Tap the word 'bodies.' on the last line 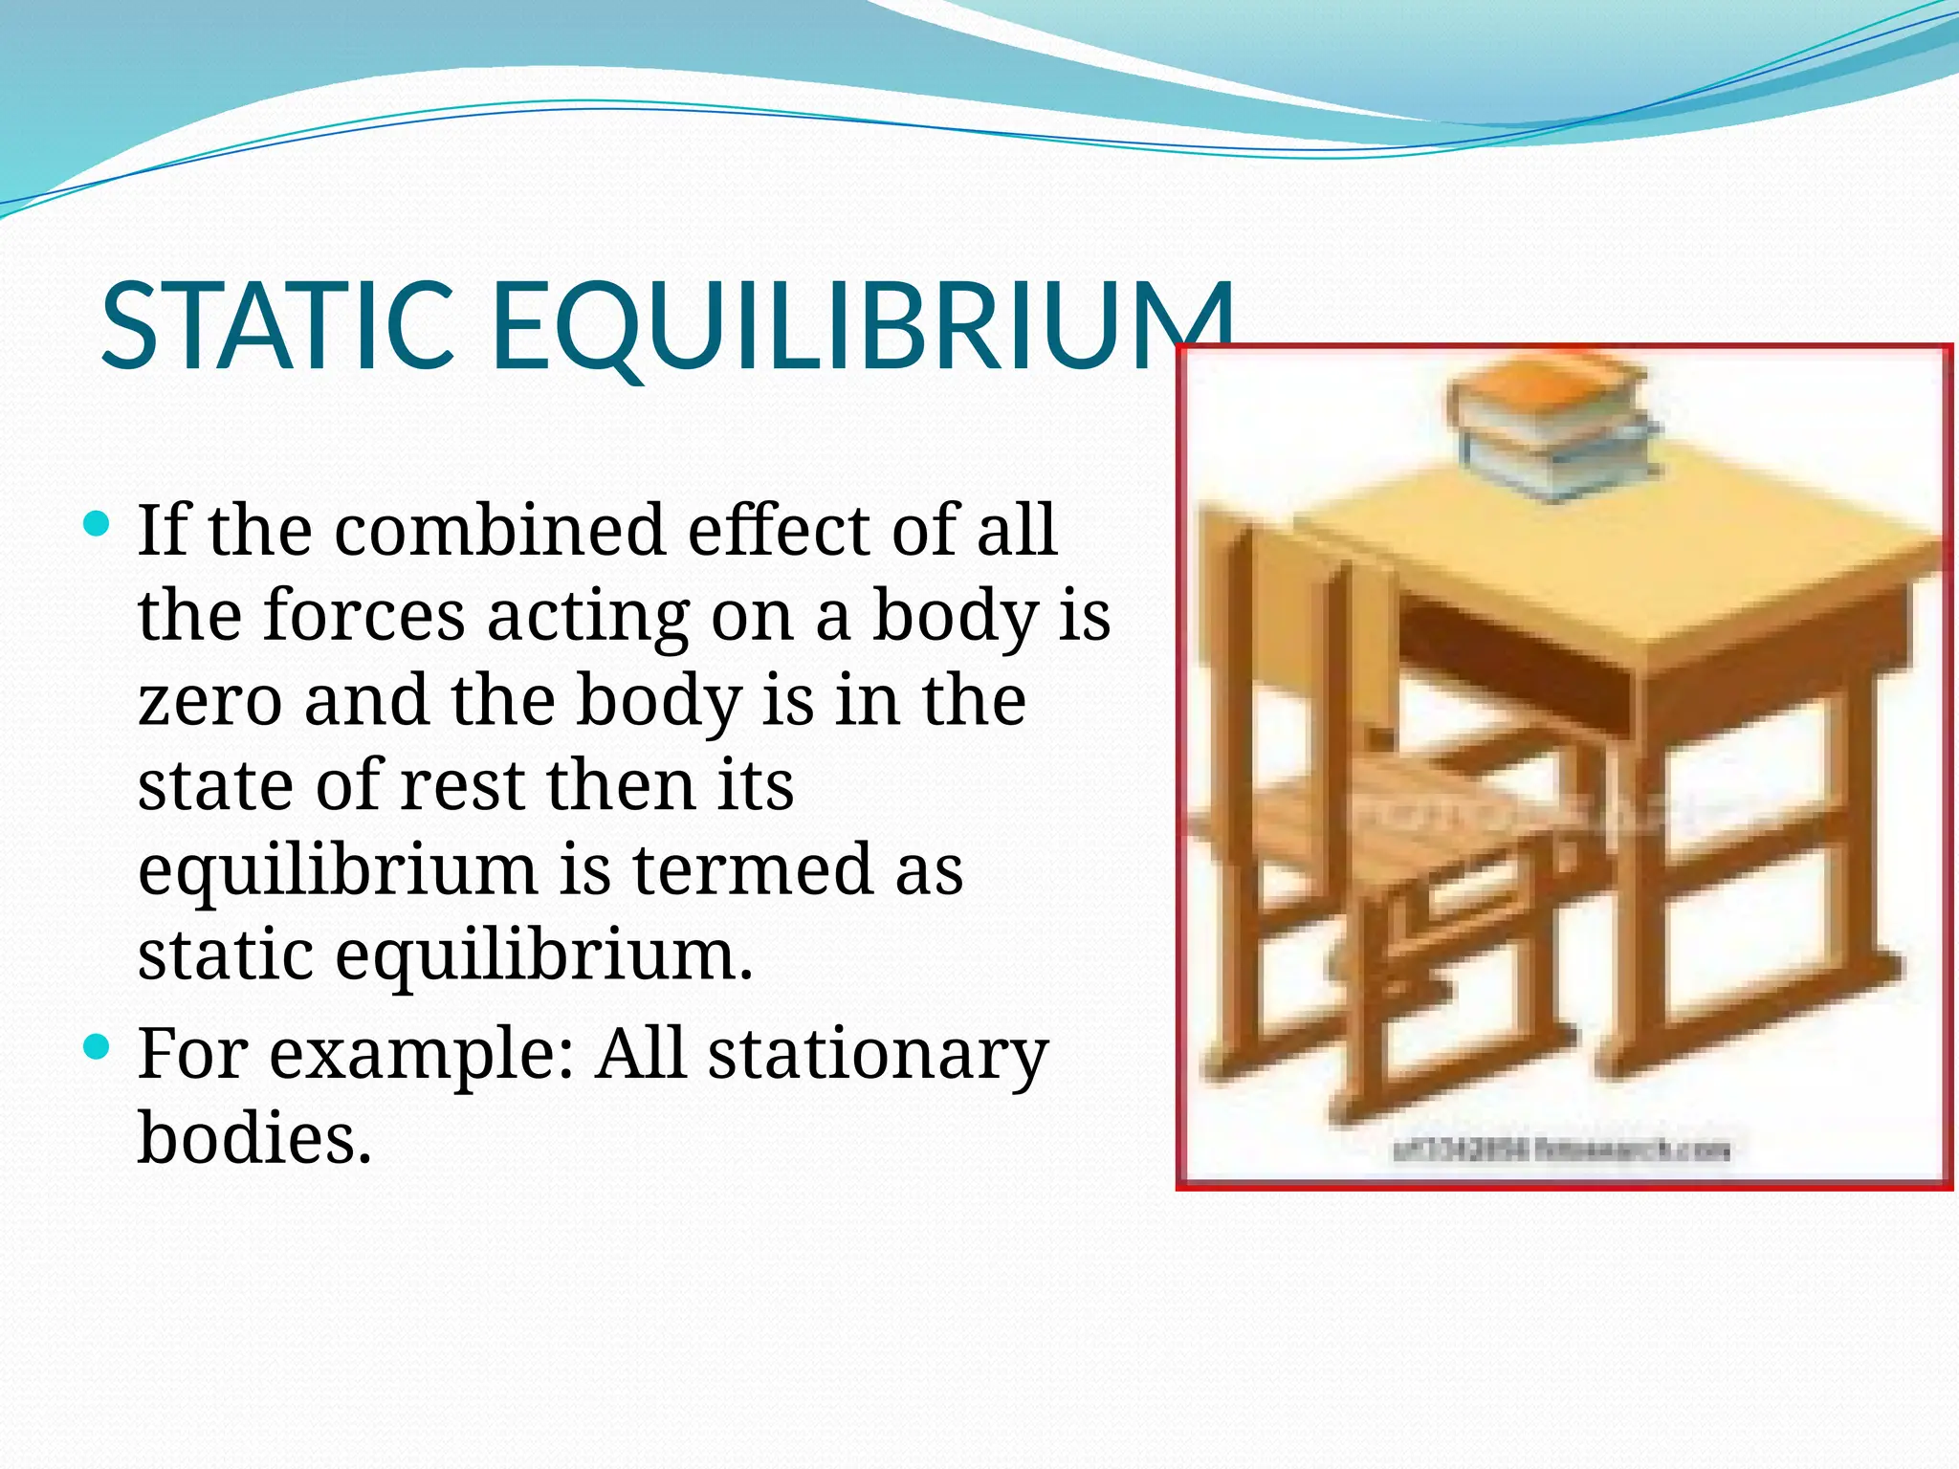254,1138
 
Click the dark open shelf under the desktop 1511,660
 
